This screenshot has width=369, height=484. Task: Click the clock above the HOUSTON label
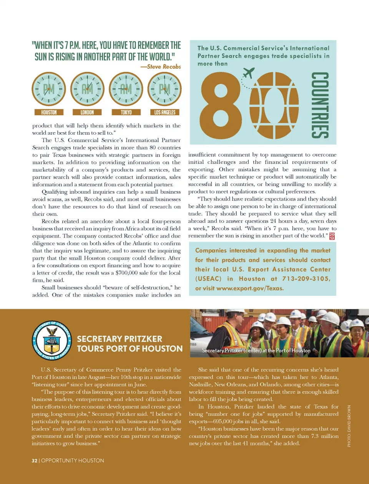49,89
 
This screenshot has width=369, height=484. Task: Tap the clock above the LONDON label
87,89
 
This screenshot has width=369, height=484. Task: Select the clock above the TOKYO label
126,89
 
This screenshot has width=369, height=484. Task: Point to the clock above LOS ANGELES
165,89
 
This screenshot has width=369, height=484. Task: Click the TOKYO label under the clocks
126,112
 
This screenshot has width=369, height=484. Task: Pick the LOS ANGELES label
165,112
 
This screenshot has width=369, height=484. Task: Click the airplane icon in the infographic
249,73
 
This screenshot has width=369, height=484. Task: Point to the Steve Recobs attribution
160,66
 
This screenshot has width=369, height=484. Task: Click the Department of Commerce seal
52,340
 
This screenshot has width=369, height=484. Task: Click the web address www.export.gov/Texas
250,288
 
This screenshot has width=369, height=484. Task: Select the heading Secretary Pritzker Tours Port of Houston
130,344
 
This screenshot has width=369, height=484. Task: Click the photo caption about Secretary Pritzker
256,350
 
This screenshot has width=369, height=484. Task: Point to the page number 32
35,460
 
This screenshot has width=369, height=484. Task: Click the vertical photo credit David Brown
349,426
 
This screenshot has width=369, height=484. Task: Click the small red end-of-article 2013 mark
332,236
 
